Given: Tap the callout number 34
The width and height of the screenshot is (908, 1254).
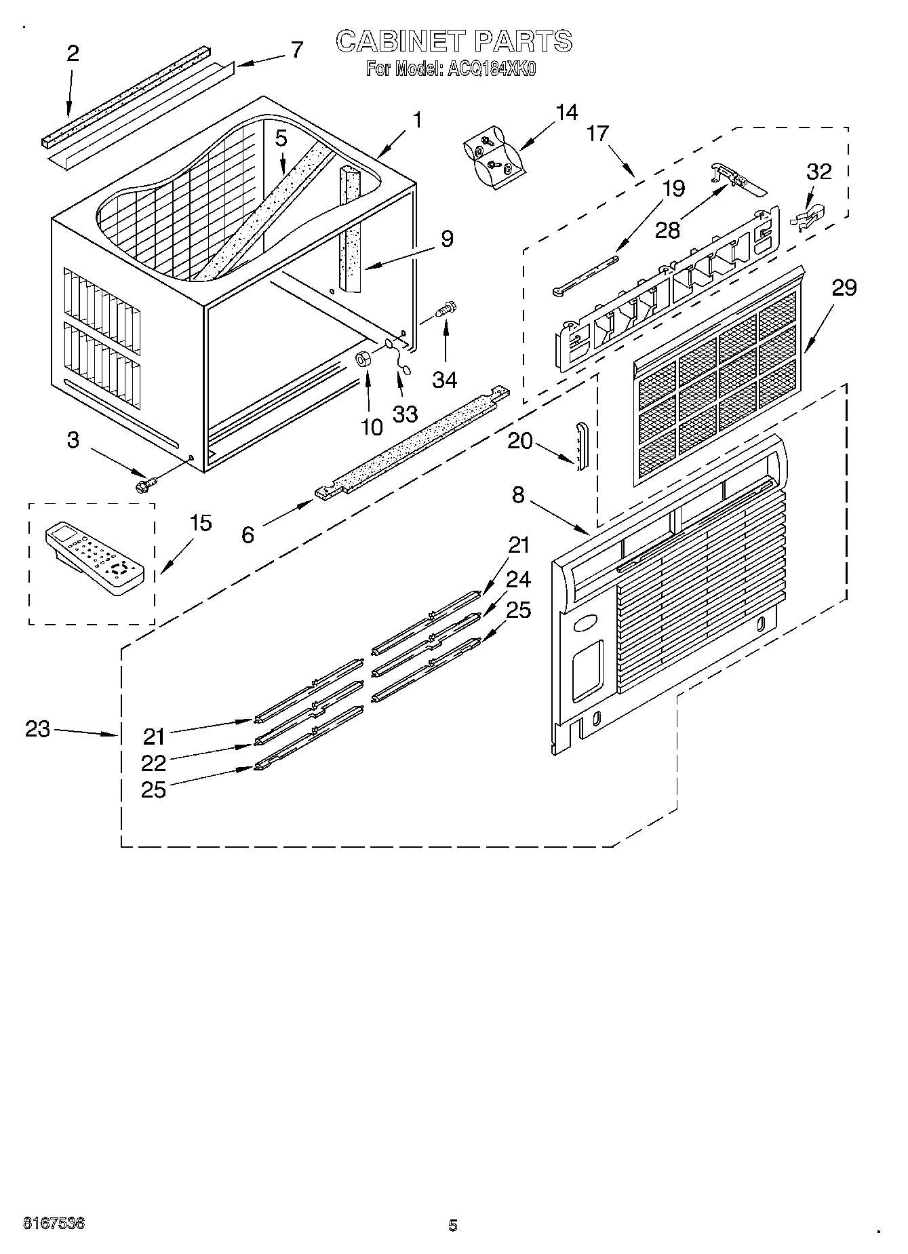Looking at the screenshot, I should [x=445, y=380].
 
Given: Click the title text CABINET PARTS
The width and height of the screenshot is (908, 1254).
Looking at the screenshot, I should [x=454, y=41].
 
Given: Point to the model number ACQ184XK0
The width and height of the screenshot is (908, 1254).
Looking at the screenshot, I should [x=489, y=69].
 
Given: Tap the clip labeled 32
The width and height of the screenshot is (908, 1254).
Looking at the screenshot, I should [x=808, y=216].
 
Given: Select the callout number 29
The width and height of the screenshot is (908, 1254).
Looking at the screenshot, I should [x=844, y=288].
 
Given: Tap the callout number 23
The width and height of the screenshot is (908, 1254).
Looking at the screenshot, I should [x=38, y=729].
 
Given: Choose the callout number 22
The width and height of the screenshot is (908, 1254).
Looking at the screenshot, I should [x=154, y=763].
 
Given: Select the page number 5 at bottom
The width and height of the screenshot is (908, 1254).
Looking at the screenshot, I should [x=453, y=1225].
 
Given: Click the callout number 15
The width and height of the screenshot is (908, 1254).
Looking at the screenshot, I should [x=200, y=523].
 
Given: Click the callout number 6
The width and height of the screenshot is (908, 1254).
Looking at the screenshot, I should [x=248, y=535].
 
